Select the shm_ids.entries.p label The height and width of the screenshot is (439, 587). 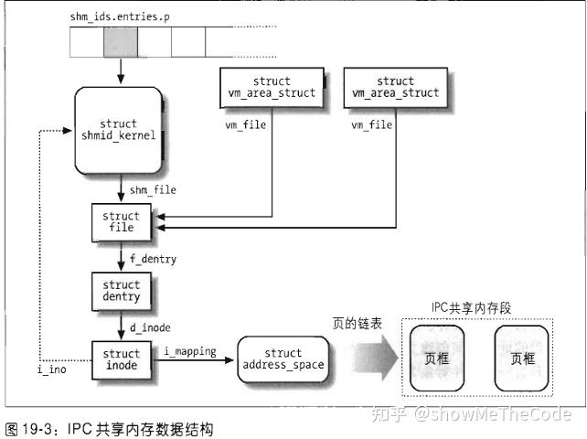[118, 16]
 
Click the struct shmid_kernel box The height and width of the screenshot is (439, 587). [119, 130]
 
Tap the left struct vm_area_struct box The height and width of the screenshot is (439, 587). [272, 87]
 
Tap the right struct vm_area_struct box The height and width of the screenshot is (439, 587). [395, 87]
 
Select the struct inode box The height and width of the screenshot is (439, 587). [122, 359]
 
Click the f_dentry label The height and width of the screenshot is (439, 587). [152, 259]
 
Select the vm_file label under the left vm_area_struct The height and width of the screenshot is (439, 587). [245, 123]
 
